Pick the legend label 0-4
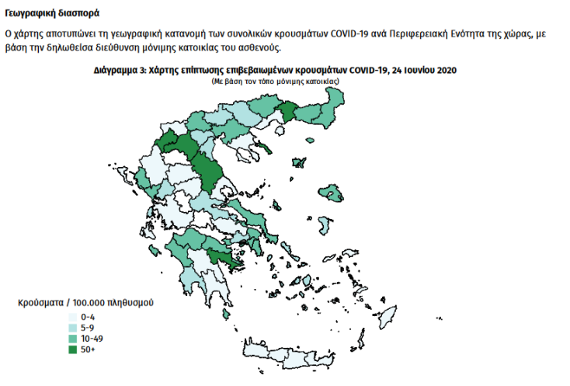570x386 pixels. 87,318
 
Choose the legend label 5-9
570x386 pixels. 87,329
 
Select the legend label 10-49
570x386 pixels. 91,339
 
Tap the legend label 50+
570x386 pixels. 88,350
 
